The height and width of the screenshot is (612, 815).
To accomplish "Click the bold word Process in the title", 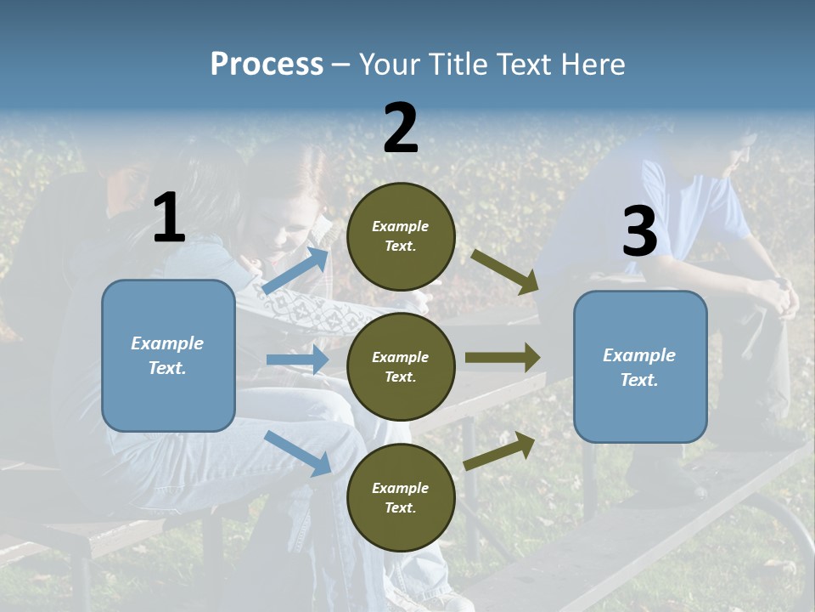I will (x=267, y=64).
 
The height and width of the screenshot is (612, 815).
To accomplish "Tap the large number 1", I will (x=169, y=218).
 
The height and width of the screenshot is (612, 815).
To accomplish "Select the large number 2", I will (x=401, y=128).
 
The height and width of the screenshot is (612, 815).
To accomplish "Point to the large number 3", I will (x=639, y=231).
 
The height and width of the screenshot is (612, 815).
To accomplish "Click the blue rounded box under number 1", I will (x=168, y=355).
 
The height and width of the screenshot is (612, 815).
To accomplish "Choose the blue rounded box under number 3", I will (x=640, y=366).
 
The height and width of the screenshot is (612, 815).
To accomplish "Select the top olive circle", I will (x=401, y=236).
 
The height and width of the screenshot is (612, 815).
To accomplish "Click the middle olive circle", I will (x=401, y=366).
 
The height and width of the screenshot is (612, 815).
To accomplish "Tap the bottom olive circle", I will (x=401, y=497).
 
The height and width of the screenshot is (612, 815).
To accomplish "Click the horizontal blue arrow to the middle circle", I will (x=297, y=360).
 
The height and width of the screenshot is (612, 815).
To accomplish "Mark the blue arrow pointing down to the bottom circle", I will (x=298, y=453).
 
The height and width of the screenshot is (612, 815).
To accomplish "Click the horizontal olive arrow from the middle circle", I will (x=503, y=357).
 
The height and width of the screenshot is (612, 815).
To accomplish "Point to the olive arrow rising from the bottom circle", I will (x=499, y=450).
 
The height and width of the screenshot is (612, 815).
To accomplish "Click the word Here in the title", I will (x=595, y=64).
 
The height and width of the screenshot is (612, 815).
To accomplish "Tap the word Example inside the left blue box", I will (x=167, y=343).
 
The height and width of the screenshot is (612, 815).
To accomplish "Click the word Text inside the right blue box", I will (x=638, y=380).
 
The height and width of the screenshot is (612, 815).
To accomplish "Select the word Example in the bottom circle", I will (x=400, y=488).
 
